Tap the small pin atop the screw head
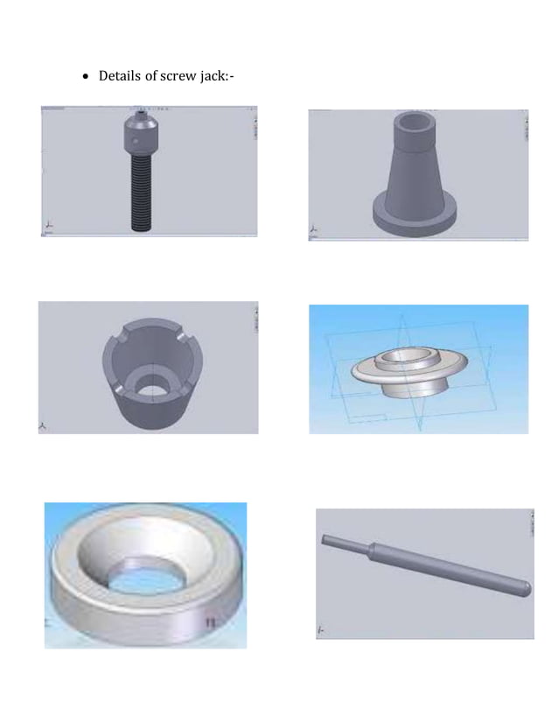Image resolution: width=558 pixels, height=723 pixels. (141, 114)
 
